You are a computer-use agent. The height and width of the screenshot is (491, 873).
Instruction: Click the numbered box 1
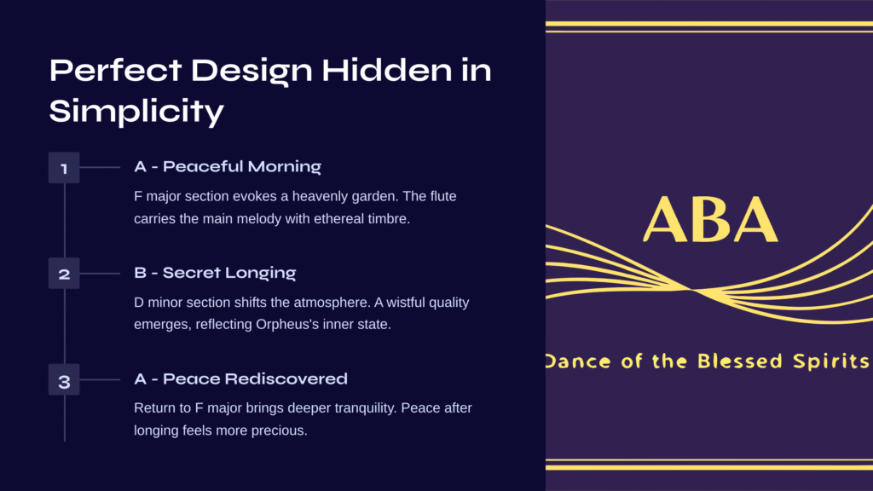click(x=64, y=168)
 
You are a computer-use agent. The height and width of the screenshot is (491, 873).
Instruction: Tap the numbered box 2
click(x=64, y=274)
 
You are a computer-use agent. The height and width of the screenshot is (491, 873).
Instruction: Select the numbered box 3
click(x=64, y=379)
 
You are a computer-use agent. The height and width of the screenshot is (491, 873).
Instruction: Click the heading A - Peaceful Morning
click(x=228, y=166)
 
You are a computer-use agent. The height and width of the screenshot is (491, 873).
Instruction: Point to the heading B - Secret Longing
click(x=215, y=273)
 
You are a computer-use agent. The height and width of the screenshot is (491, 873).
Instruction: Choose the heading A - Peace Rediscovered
click(x=240, y=378)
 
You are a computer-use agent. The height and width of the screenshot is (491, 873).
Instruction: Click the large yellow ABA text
click(x=710, y=219)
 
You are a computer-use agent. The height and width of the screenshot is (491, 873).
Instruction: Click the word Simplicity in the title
click(x=136, y=110)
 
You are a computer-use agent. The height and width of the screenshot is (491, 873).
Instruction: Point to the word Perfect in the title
click(x=115, y=70)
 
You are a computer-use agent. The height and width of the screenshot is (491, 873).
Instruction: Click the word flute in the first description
click(x=443, y=197)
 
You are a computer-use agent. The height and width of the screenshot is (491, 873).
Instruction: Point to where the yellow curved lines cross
click(x=692, y=290)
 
